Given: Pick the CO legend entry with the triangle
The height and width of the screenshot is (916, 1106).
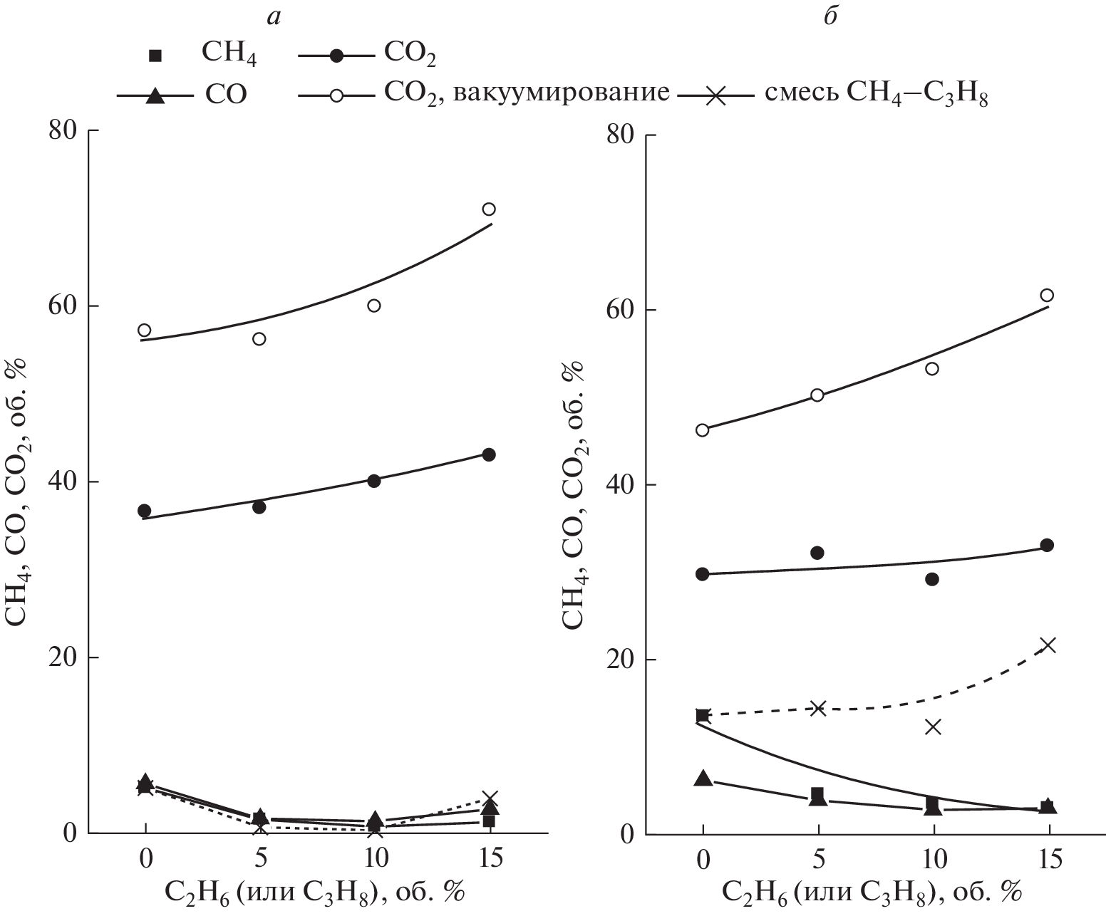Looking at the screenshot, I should pyautogui.click(x=183, y=94).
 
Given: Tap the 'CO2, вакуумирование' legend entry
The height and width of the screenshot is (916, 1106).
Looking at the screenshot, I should pyautogui.click(x=485, y=93).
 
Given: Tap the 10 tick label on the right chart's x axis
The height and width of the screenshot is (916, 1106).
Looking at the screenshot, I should pyautogui.click(x=932, y=860).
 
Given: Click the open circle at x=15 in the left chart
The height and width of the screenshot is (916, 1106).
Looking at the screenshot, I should pyautogui.click(x=489, y=209).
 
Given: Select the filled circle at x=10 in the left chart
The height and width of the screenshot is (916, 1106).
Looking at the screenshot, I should pyautogui.click(x=374, y=480).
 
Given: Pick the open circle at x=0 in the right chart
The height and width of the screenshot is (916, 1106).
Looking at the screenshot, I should pyautogui.click(x=703, y=430).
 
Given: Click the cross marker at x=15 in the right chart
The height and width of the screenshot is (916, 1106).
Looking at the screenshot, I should pyautogui.click(x=1048, y=645).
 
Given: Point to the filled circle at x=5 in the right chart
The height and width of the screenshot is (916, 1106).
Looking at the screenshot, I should pyautogui.click(x=817, y=553).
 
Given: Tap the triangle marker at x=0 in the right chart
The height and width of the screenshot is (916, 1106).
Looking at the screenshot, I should pyautogui.click(x=703, y=778).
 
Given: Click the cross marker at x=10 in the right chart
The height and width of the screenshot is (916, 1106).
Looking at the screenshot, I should pyautogui.click(x=933, y=727).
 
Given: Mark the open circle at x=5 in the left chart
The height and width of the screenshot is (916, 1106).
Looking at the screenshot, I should pyautogui.click(x=259, y=338).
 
